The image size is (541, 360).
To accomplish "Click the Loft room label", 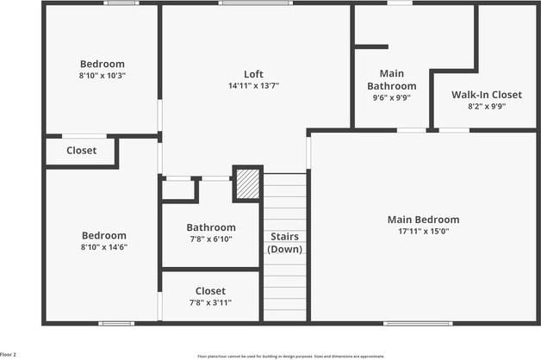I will tap(253, 74).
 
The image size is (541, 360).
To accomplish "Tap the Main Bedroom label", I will tap(423, 220).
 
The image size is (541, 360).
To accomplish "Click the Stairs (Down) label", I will tap(284, 242).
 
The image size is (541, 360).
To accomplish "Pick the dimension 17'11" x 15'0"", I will tap(423, 231).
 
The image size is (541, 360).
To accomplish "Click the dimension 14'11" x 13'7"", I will tap(253, 85).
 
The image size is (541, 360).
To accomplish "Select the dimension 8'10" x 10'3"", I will tap(103, 75).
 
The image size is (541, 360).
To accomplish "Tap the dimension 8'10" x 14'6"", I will tap(103, 247).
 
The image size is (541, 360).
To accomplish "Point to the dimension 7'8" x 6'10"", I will tap(211, 239).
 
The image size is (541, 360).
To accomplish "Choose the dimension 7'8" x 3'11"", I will tap(210, 302).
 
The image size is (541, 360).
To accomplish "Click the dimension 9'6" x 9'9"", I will tap(392, 97).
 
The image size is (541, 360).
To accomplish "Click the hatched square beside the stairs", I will tap(247, 183).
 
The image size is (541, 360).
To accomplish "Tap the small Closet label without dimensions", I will tap(82, 151).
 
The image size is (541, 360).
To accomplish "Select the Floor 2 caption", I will tap(9, 354).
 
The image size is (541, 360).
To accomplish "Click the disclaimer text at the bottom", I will tap(291, 355).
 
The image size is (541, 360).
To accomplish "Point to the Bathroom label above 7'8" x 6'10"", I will tap(211, 228).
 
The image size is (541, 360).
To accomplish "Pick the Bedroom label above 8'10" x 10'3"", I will tap(103, 64).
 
